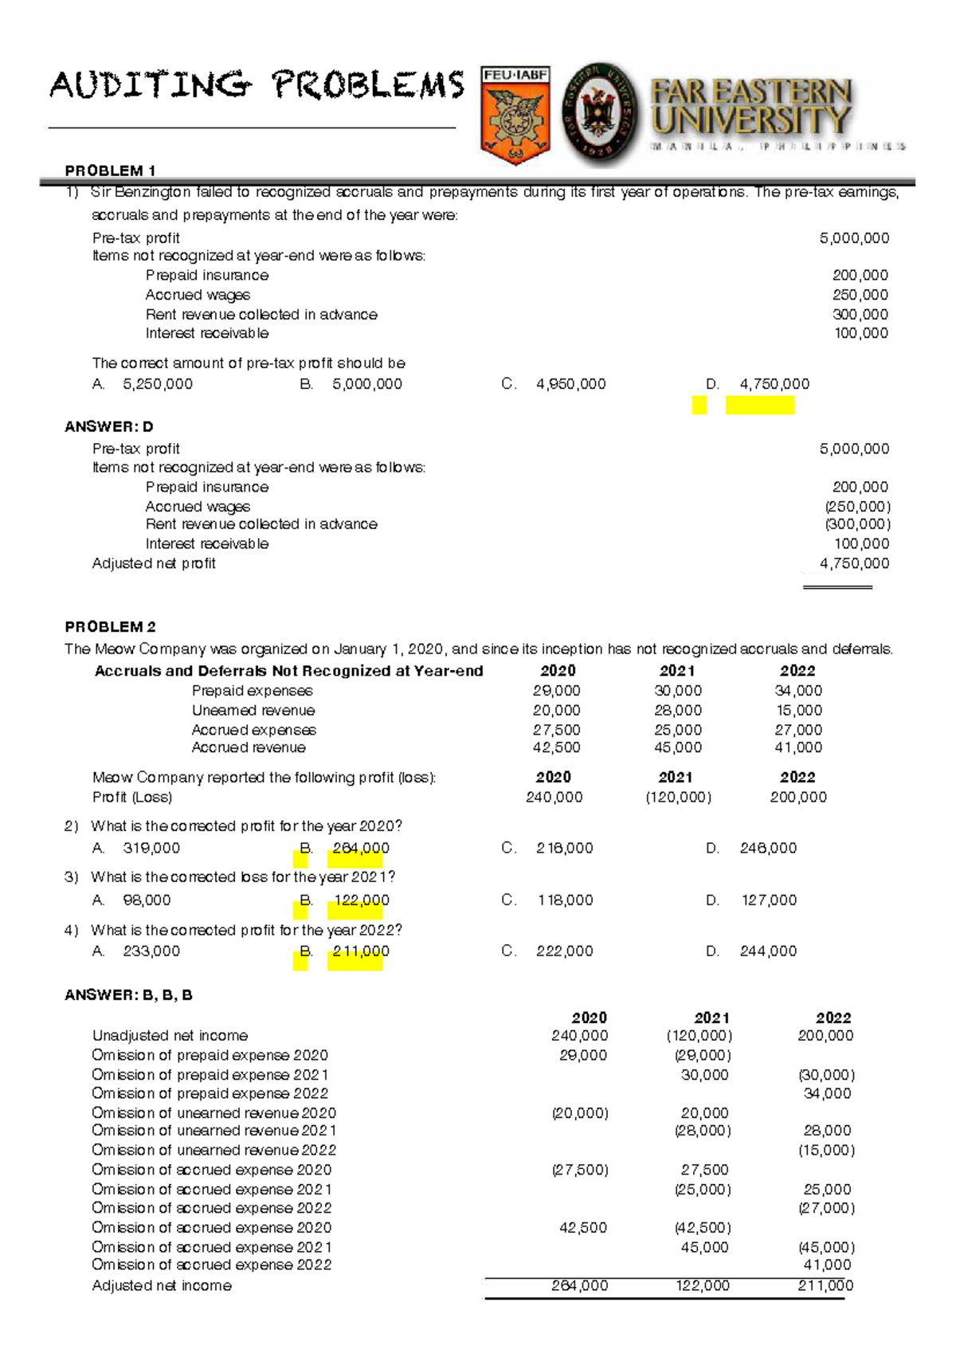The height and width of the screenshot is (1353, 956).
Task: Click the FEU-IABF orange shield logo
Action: tap(515, 115)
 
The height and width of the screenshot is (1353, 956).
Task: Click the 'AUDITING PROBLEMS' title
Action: tap(257, 85)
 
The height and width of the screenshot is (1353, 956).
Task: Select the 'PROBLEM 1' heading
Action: tap(110, 171)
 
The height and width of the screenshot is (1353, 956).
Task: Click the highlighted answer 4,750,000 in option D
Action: tap(774, 384)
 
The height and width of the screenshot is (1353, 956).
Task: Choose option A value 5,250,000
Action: tap(157, 384)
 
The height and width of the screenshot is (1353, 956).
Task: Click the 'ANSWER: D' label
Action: tap(108, 427)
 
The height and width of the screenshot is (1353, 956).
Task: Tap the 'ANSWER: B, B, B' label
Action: tap(128, 995)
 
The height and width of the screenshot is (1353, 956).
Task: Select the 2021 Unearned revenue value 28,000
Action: tap(677, 710)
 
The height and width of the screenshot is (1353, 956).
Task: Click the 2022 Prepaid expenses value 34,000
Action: tap(798, 691)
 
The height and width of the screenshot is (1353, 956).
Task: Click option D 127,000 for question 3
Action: tap(769, 900)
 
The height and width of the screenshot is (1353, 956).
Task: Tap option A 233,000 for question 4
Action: tap(151, 951)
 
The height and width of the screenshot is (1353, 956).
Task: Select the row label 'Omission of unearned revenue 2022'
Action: tap(214, 1151)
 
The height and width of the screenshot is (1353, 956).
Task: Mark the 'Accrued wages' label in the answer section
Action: tap(198, 507)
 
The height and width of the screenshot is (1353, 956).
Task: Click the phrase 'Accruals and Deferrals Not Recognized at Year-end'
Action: tap(288, 671)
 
